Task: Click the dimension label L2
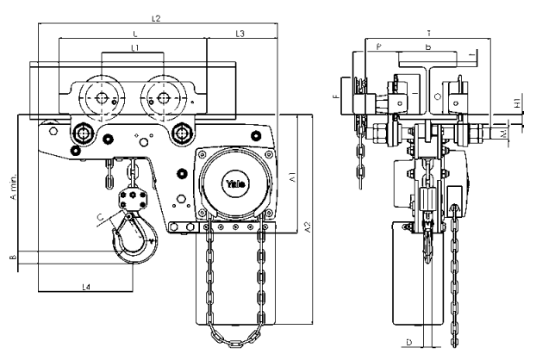pos(156,17)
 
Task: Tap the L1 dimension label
pos(134,48)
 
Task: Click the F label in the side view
pos(334,98)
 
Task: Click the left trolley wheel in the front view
pos(102,97)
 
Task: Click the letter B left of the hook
pos(12,257)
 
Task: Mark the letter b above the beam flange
pos(428,48)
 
